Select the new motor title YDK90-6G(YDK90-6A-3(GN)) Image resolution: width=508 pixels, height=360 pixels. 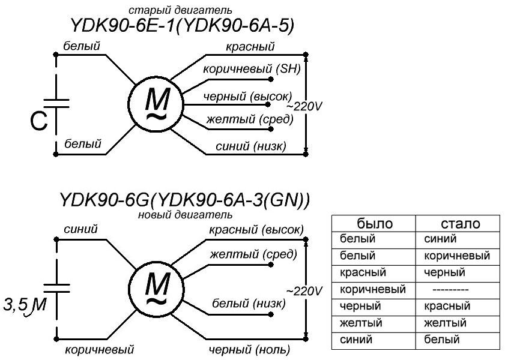click(184, 200)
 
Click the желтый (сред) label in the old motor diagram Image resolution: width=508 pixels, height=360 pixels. click(249, 120)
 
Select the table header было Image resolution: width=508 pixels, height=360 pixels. click(375, 224)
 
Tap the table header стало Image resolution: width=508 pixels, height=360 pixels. click(460, 224)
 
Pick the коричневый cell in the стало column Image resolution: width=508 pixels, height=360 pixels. click(456, 256)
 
